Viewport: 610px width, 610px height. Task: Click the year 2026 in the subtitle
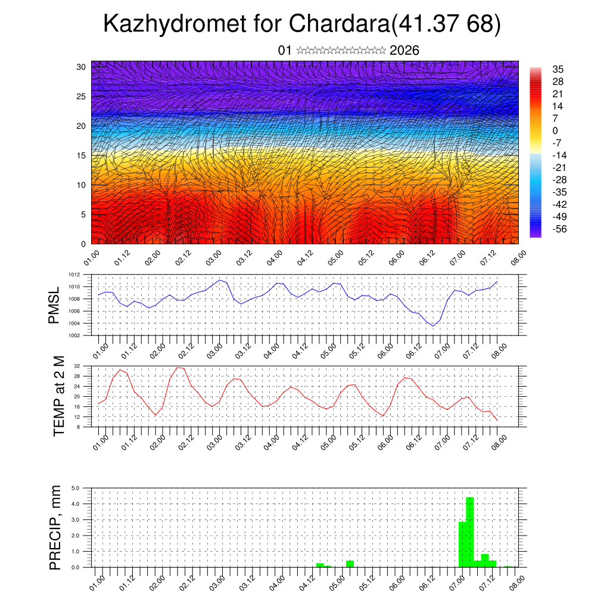coord(404,51)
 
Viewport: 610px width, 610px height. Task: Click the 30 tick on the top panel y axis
coord(82,67)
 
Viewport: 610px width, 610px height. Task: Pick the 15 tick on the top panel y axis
coord(82,155)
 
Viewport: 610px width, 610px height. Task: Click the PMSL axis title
coord(54,305)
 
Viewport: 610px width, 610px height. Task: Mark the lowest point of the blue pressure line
coord(433,325)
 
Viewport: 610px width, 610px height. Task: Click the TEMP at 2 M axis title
coord(58,396)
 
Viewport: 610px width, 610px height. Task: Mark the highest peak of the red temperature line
coord(178,368)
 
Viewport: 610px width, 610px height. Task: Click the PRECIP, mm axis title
coord(55,527)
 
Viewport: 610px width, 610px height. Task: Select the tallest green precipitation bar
coord(469,531)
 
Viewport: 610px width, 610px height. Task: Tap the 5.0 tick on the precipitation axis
coord(76,488)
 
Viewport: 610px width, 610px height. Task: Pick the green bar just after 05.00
coord(350,564)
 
